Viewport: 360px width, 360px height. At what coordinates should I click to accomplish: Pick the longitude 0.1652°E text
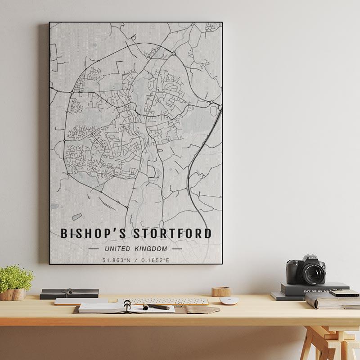[155, 260]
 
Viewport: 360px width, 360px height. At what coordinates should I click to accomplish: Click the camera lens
[313, 272]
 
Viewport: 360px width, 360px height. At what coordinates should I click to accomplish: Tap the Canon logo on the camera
[312, 258]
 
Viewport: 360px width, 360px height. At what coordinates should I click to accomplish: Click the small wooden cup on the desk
[221, 292]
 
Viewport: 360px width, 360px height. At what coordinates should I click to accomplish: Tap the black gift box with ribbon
[69, 293]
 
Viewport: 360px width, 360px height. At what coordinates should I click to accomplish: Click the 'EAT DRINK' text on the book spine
[315, 291]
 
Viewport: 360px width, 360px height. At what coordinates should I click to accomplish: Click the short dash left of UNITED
[94, 248]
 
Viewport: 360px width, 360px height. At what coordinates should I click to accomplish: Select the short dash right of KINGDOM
[177, 248]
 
